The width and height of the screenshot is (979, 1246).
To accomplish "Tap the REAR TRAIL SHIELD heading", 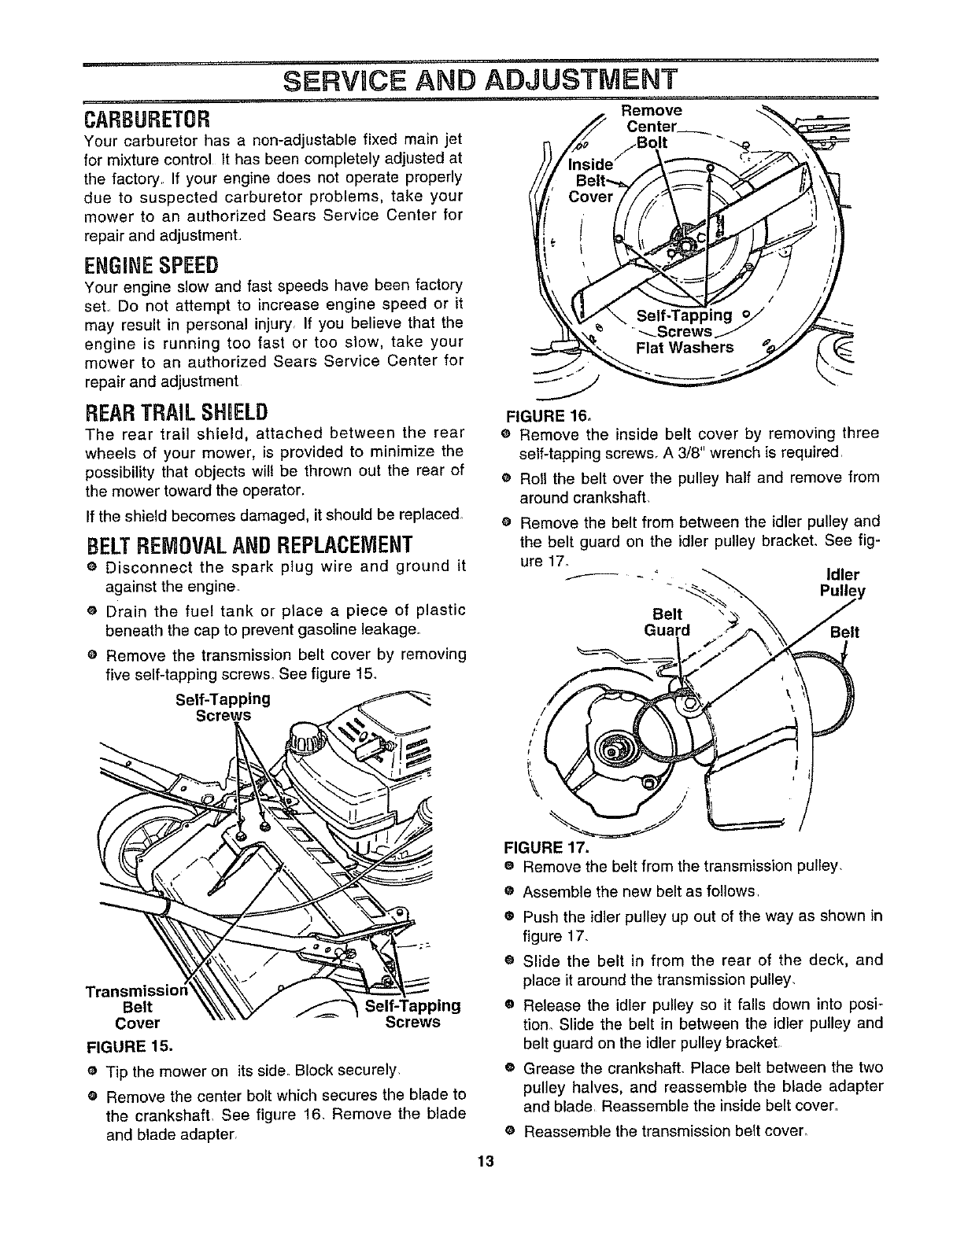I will click(175, 411).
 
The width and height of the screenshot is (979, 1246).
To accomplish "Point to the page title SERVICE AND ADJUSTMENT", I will click(479, 80).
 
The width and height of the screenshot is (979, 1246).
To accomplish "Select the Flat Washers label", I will click(685, 348).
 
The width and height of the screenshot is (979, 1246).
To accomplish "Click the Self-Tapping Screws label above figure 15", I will click(223, 706).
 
